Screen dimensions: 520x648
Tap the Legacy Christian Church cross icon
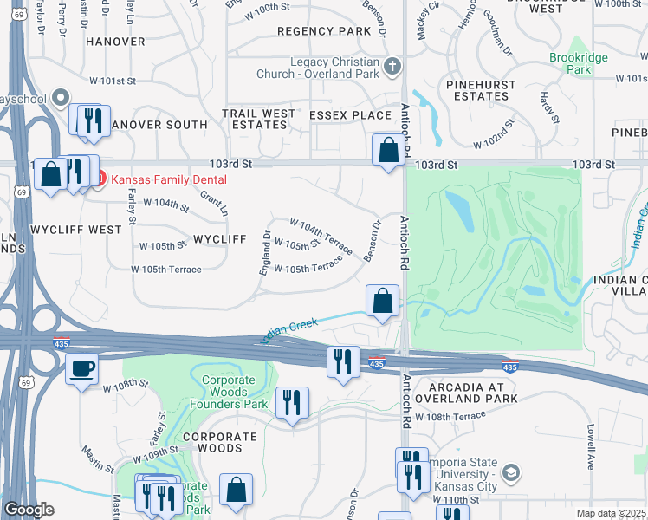[392, 66]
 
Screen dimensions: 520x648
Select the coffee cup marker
[82, 368]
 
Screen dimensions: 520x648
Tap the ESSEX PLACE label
[359, 115]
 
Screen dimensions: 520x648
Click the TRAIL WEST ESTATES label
[259, 120]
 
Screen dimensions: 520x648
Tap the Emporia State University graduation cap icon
[511, 472]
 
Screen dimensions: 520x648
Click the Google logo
[29, 510]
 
